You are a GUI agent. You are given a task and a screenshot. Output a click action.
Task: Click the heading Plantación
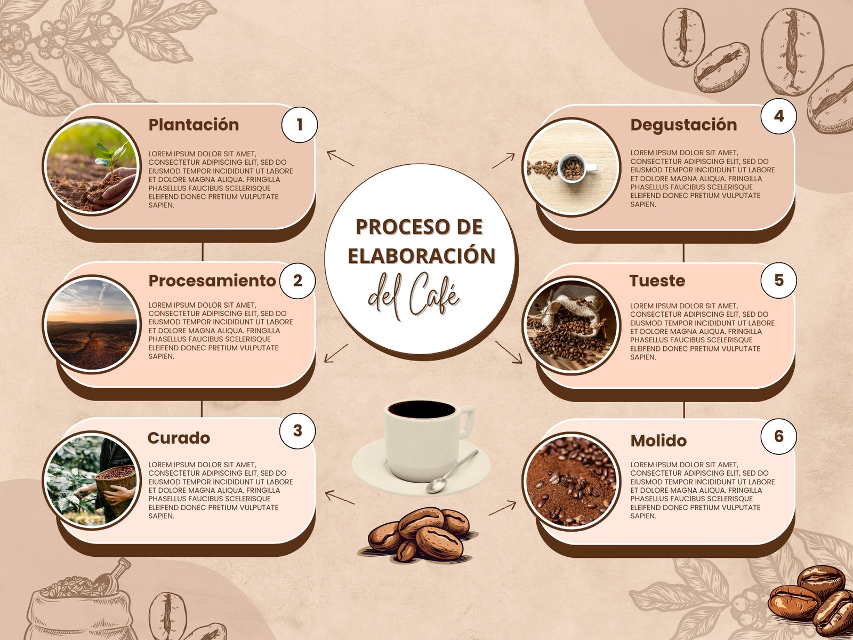point(194,125)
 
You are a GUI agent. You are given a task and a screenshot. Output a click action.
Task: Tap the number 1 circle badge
point(299,125)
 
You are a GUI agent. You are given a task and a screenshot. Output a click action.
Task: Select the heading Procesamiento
point(212,281)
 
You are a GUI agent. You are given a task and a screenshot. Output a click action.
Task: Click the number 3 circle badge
point(297,430)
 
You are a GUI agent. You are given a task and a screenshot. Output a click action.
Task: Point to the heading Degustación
point(683,125)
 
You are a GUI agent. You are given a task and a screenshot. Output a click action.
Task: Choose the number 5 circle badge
point(778,280)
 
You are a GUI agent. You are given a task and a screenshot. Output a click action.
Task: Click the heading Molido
point(658,441)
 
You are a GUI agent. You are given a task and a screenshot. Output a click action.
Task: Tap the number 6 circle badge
point(778,436)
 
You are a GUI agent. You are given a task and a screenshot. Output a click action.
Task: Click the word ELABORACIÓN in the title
point(422,255)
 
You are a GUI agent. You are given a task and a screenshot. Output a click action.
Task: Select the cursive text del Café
point(414,296)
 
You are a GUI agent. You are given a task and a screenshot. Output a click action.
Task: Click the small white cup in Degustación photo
point(576,168)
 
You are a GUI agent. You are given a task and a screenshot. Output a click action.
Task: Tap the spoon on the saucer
point(452,472)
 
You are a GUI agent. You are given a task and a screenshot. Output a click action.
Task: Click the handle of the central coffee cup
point(466,422)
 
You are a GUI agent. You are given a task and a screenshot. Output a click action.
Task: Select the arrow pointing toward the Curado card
point(340,498)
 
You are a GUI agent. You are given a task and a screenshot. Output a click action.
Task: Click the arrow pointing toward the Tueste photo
point(509,353)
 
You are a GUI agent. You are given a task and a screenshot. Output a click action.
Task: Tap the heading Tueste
point(657,281)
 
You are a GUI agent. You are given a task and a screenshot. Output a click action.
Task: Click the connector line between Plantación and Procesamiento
point(203,252)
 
